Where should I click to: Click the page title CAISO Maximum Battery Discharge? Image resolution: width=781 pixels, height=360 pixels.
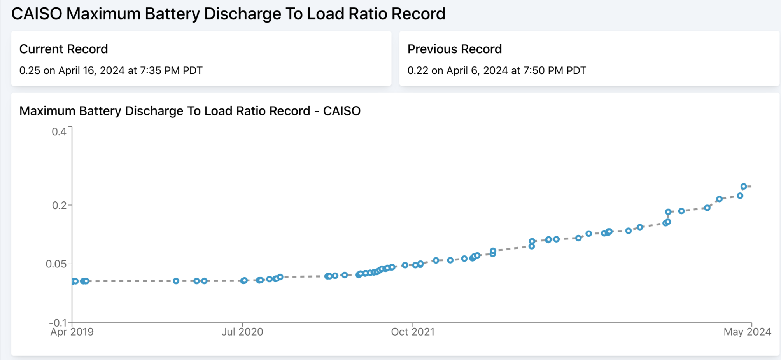coord(228,14)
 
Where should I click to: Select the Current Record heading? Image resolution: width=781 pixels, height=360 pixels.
coord(63,49)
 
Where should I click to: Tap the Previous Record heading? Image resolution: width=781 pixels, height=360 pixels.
coord(454,49)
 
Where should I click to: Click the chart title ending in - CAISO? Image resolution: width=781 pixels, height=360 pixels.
coord(190,111)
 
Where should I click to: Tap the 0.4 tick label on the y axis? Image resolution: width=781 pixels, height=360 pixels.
coord(59,132)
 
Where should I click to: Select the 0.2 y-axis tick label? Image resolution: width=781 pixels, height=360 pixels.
coord(59,205)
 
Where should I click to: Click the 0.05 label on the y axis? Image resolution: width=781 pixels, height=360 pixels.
coord(56,264)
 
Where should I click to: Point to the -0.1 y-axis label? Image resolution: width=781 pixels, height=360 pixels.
coord(58,323)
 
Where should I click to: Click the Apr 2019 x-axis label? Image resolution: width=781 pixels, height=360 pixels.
coord(72,332)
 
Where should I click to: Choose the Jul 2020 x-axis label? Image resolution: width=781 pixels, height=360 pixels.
coord(242,332)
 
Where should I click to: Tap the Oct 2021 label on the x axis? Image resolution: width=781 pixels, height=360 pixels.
coord(413,332)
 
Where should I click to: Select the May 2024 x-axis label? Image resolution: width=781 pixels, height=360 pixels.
coord(747,332)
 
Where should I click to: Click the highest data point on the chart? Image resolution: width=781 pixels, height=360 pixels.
coord(744,187)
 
